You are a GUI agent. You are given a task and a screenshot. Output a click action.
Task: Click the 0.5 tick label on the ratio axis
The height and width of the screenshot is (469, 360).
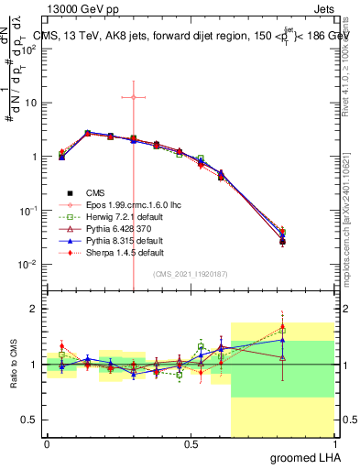(29, 420)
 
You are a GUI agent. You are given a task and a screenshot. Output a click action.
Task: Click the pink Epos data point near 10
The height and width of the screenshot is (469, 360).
(134, 97)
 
